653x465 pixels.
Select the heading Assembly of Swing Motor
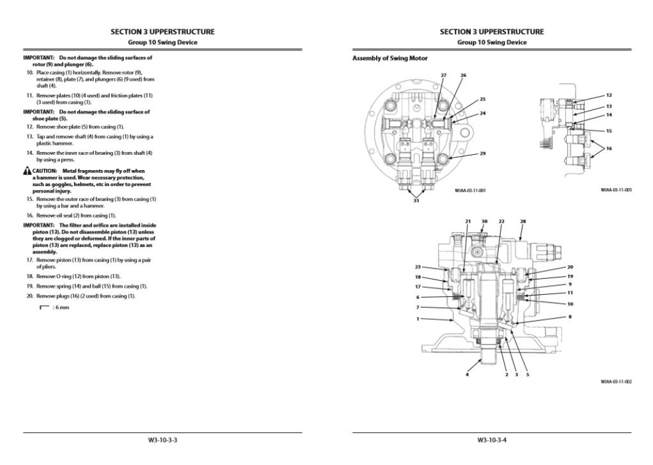click(389, 59)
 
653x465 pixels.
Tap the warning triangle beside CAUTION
click(28, 171)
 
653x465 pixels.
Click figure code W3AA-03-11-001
click(470, 190)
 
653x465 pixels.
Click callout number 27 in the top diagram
click(443, 75)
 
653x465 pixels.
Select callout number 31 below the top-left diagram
click(416, 201)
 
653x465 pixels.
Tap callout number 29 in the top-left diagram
click(482, 154)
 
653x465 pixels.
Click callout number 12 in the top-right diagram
click(609, 95)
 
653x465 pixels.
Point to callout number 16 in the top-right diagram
click(609, 148)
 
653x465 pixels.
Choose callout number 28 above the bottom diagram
click(523, 221)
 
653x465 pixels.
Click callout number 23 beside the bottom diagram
click(418, 267)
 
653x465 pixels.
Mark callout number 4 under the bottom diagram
click(467, 374)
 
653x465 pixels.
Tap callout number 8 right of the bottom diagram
click(570, 317)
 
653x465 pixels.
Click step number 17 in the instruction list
click(30, 261)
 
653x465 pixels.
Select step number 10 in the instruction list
click(30, 72)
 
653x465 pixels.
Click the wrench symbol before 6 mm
click(43, 308)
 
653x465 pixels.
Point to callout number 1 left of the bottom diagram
click(418, 319)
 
